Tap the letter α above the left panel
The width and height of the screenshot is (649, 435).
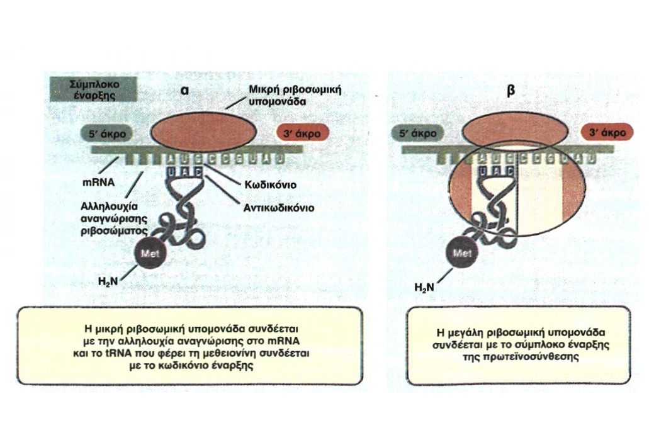point(185,89)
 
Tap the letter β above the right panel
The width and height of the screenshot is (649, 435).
point(511,89)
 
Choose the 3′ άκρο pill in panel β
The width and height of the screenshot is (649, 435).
point(607,133)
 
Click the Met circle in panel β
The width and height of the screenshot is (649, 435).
point(463,256)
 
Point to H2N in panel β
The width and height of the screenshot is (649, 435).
point(424,288)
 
